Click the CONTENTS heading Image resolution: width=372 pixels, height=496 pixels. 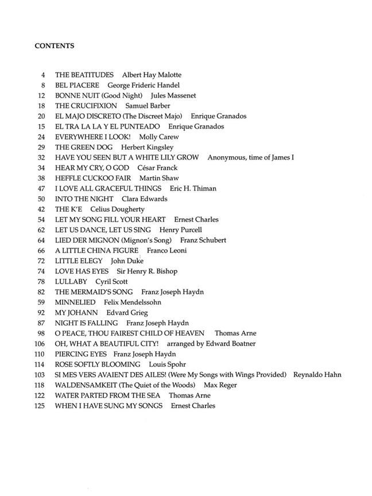[54, 45]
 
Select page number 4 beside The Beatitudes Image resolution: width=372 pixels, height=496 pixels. [42, 75]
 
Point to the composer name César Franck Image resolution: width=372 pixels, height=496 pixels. [157, 168]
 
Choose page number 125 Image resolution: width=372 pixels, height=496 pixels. [40, 406]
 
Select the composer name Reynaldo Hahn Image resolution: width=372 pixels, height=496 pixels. [317, 375]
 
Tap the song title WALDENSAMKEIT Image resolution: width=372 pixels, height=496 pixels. [91, 385]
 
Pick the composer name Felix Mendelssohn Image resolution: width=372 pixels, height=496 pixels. [133, 303]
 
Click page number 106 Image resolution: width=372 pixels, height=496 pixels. [40, 344]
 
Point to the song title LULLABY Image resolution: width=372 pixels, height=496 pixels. [71, 282]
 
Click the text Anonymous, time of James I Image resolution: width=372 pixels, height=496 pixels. [251, 158]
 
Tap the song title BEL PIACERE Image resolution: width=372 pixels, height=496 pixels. [77, 86]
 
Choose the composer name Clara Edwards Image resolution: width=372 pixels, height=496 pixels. [145, 199]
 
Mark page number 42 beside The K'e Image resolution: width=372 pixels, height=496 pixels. [41, 210]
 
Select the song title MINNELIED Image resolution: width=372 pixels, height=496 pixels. [75, 303]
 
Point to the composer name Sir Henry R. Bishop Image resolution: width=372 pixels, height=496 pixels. [148, 272]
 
